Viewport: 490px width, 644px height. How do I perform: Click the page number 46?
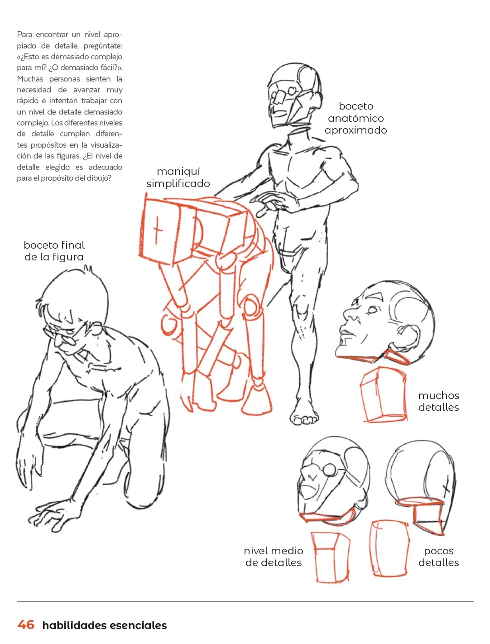pyautogui.click(x=26, y=625)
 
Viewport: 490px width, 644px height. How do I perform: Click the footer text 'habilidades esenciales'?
pyautogui.click(x=104, y=625)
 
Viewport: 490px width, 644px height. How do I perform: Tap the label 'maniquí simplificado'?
pyautogui.click(x=178, y=178)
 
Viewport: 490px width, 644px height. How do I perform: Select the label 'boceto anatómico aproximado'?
pyautogui.click(x=355, y=118)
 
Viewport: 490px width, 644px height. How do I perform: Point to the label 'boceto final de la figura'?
pyautogui.click(x=54, y=251)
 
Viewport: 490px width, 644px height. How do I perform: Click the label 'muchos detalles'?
pyautogui.click(x=438, y=401)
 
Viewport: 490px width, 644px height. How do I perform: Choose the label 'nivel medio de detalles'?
pyautogui.click(x=274, y=557)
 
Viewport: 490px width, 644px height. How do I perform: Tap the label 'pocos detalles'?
pyautogui.click(x=438, y=557)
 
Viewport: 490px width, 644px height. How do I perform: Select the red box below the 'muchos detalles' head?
pyautogui.click(x=383, y=394)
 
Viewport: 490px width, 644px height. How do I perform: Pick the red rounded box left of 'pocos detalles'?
pyautogui.click(x=389, y=548)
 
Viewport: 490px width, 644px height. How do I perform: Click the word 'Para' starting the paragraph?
pyautogui.click(x=24, y=34)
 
